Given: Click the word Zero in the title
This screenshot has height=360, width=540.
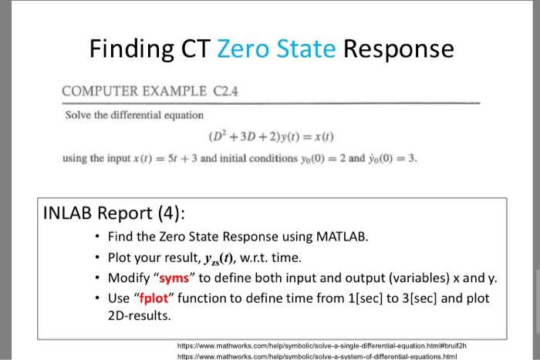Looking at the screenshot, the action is tap(243, 49).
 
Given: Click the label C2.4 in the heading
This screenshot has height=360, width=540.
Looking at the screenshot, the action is tap(225, 91).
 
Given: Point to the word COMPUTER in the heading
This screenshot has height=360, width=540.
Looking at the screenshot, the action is tap(100, 91).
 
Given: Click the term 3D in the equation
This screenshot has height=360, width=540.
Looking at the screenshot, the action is tap(248, 136).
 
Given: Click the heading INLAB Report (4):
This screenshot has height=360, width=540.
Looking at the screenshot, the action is tap(114, 214).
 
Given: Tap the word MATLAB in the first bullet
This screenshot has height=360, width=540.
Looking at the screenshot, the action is tap(342, 237).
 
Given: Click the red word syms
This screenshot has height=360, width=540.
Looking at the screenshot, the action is tap(174, 278).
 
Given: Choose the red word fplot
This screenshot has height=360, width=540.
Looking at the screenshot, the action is tap(154, 298).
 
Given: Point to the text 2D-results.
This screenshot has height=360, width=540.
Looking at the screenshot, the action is tap(139, 315).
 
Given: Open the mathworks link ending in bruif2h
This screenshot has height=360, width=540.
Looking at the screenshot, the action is tap(322, 345).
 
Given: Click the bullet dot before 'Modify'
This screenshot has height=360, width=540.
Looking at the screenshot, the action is tap(97, 278).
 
